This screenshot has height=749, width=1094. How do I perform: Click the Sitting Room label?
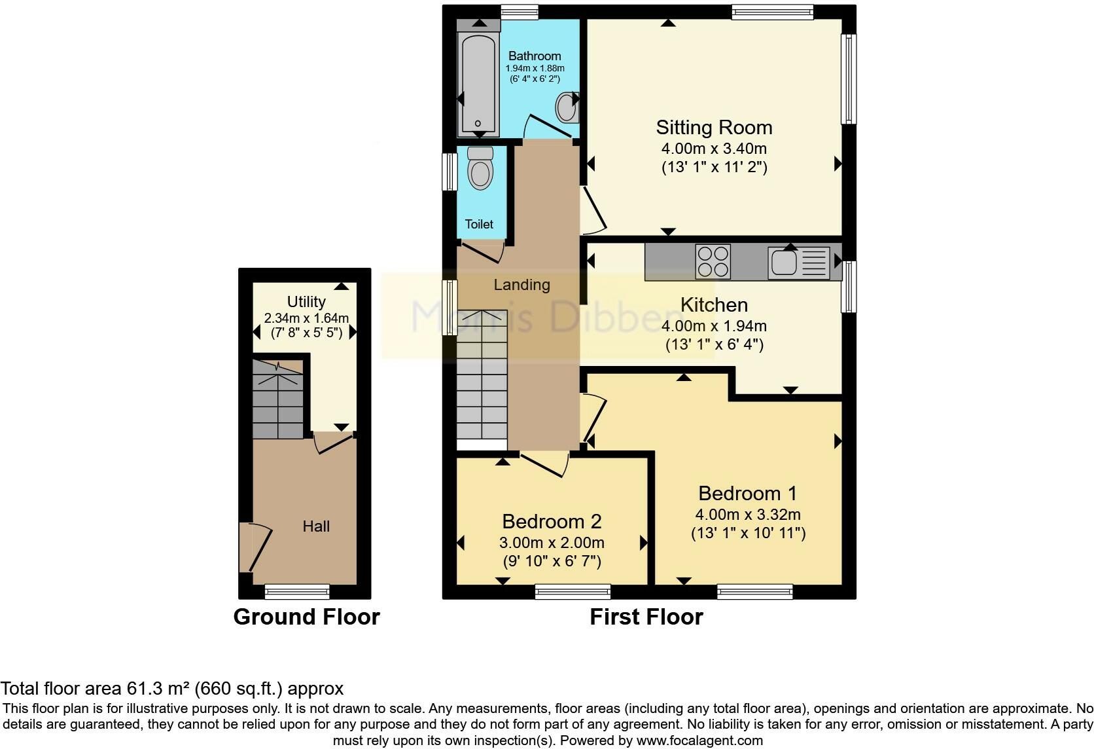coord(714,127)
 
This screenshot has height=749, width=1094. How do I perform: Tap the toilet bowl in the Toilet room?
coord(481,173)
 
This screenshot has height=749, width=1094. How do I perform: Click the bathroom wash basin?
coord(567,107)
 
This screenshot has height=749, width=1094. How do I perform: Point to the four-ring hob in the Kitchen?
coord(713,261)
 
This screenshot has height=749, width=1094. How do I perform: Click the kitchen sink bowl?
coord(783,263)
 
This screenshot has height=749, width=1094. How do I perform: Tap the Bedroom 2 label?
coord(552,521)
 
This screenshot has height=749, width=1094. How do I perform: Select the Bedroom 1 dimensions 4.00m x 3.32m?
coord(748,515)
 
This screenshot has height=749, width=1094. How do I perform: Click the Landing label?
coord(521,285)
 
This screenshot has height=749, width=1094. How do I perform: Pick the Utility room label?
coord(306,302)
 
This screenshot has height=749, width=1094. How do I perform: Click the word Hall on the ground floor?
coord(316,526)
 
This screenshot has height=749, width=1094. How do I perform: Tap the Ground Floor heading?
coord(306,617)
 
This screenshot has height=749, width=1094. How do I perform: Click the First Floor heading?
coord(646,617)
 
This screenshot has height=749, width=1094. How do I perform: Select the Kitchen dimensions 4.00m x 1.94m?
coord(714,326)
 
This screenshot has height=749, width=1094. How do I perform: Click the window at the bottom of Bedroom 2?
coord(573,592)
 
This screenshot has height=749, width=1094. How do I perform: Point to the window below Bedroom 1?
coord(754,592)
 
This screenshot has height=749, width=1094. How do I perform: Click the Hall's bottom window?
coord(296,592)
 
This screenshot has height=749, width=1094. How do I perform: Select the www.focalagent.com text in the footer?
coord(699,741)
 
